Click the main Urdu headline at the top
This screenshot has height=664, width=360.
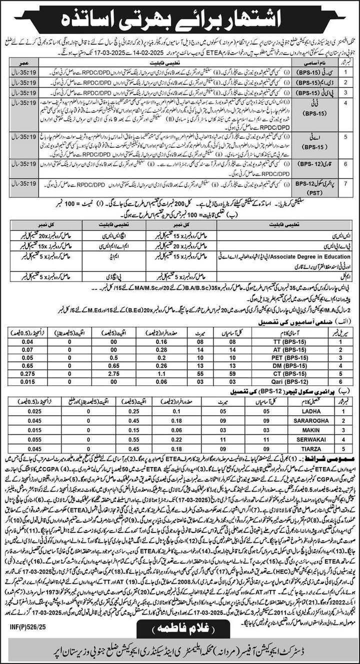pos(180,20)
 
